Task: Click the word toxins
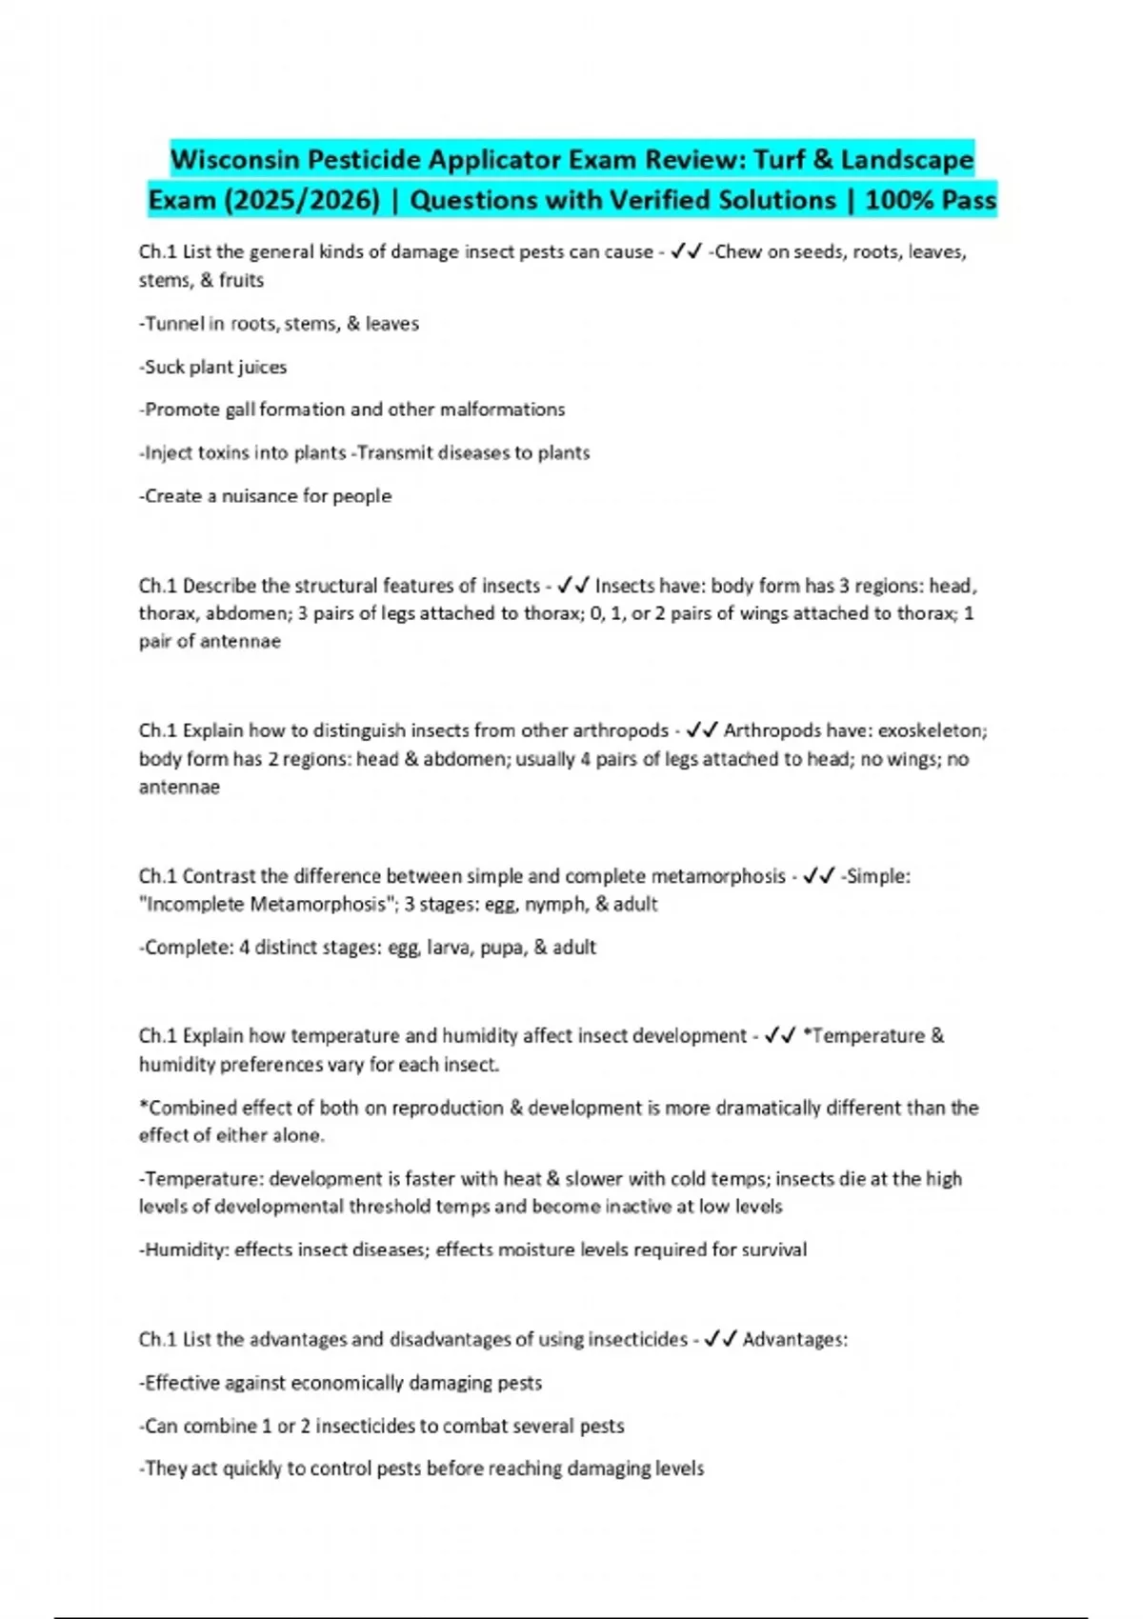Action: tap(224, 452)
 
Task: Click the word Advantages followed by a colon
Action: tap(793, 1340)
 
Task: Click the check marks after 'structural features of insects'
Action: tap(573, 586)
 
